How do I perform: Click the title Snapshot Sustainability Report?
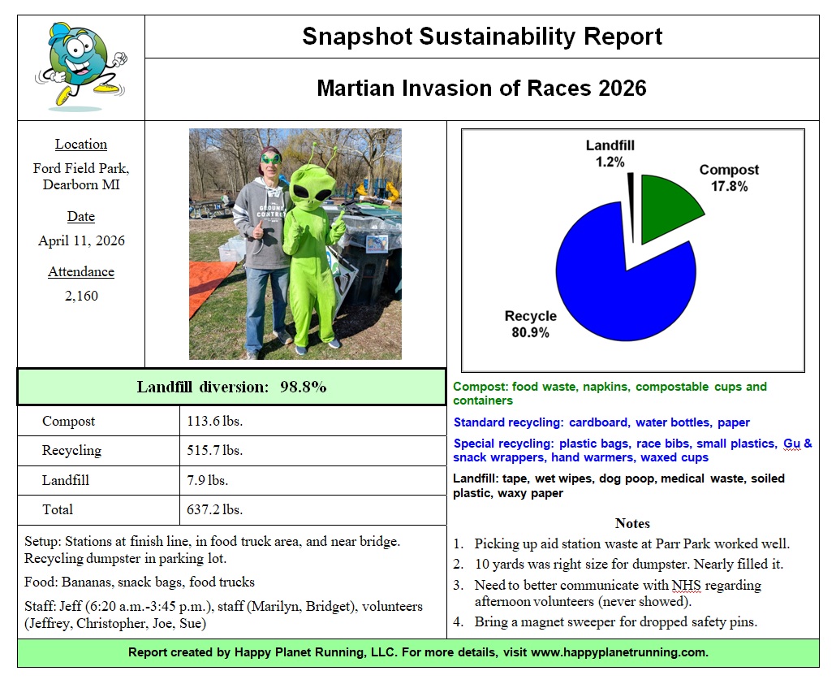click(482, 37)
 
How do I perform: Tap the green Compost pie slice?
click(667, 207)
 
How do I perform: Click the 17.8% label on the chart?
click(729, 186)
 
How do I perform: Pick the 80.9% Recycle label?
click(531, 332)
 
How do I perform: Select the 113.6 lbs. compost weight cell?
click(215, 421)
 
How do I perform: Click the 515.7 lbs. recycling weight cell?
click(215, 450)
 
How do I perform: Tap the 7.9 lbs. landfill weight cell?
click(208, 480)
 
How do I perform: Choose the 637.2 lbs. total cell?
click(215, 509)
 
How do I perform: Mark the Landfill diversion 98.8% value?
click(303, 387)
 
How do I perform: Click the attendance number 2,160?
click(81, 296)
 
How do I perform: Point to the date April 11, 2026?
click(81, 240)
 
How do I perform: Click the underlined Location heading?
click(81, 144)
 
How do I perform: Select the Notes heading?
click(632, 523)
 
